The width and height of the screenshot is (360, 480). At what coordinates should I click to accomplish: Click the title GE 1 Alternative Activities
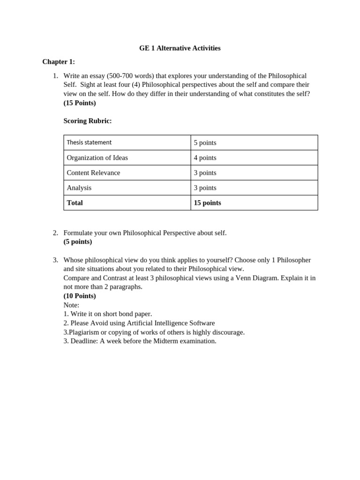tap(180, 48)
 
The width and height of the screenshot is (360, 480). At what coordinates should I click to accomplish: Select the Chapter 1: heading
tap(59, 62)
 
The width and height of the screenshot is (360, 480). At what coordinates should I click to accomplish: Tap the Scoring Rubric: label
tap(88, 121)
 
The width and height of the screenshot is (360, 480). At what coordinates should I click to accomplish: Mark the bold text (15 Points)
tap(80, 103)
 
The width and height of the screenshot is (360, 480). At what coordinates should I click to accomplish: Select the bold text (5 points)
tap(78, 241)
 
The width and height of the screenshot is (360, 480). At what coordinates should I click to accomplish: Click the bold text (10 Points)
tap(80, 296)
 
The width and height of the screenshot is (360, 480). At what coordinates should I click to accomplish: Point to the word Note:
tap(71, 305)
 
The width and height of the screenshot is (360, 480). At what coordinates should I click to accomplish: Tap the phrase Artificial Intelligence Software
tap(171, 323)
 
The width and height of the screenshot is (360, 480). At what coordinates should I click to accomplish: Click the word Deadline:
tap(84, 341)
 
